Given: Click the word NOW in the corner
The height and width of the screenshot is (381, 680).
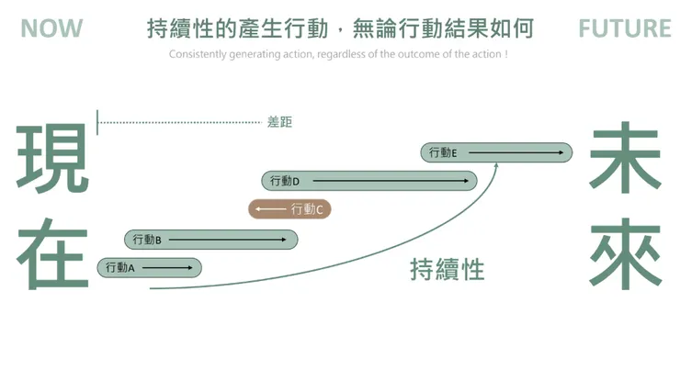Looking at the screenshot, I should click(x=51, y=28).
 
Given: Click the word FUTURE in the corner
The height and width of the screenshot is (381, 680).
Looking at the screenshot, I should click(x=625, y=28).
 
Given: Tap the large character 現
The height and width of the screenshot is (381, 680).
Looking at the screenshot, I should click(x=52, y=158).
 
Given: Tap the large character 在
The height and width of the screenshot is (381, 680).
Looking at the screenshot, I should click(x=52, y=256).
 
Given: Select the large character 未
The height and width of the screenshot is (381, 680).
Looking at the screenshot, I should click(x=626, y=158).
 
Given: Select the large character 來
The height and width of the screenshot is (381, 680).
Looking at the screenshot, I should click(x=626, y=254).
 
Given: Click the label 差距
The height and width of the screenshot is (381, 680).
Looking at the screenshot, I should click(x=279, y=121).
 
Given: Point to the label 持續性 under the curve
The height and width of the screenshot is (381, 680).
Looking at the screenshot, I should click(x=447, y=270).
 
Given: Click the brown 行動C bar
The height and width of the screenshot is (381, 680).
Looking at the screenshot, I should click(x=289, y=209).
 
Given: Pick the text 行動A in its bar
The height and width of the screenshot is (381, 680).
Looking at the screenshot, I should click(x=119, y=268).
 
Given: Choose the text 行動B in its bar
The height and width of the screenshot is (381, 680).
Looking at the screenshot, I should click(x=147, y=240).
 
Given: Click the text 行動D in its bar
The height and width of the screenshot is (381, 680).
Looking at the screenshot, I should click(x=285, y=181).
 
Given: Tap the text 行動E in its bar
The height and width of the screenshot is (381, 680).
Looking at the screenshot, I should click(x=443, y=152).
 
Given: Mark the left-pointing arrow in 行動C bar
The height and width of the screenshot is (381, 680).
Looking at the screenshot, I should click(x=270, y=209).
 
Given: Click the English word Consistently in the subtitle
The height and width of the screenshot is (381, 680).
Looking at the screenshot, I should click(x=195, y=54).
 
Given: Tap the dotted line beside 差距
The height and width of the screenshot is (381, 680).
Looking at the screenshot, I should click(x=179, y=121).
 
